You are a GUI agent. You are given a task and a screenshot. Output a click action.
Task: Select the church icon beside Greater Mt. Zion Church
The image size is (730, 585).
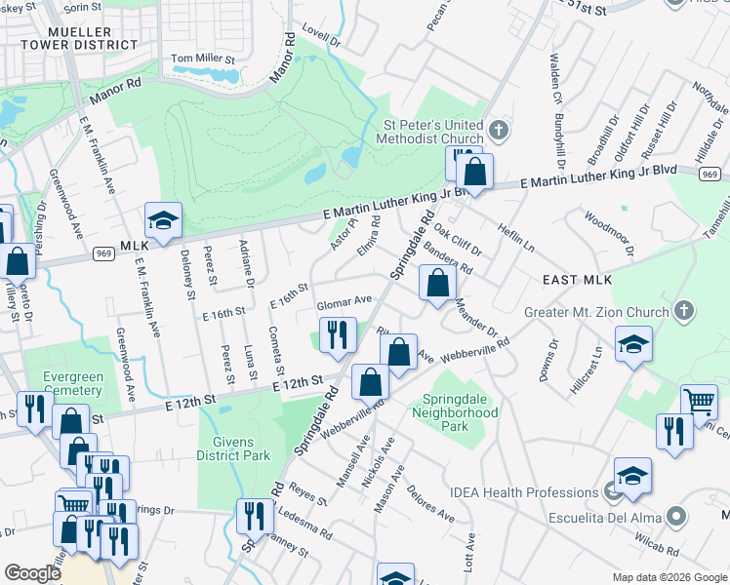684,312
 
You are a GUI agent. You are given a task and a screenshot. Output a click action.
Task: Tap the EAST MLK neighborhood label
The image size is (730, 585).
577,280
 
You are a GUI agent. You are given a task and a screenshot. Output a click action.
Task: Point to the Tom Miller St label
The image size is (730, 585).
203,59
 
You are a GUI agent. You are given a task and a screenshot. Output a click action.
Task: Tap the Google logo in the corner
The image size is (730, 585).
32,573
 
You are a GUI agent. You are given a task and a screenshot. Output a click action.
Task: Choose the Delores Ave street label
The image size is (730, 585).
429,501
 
